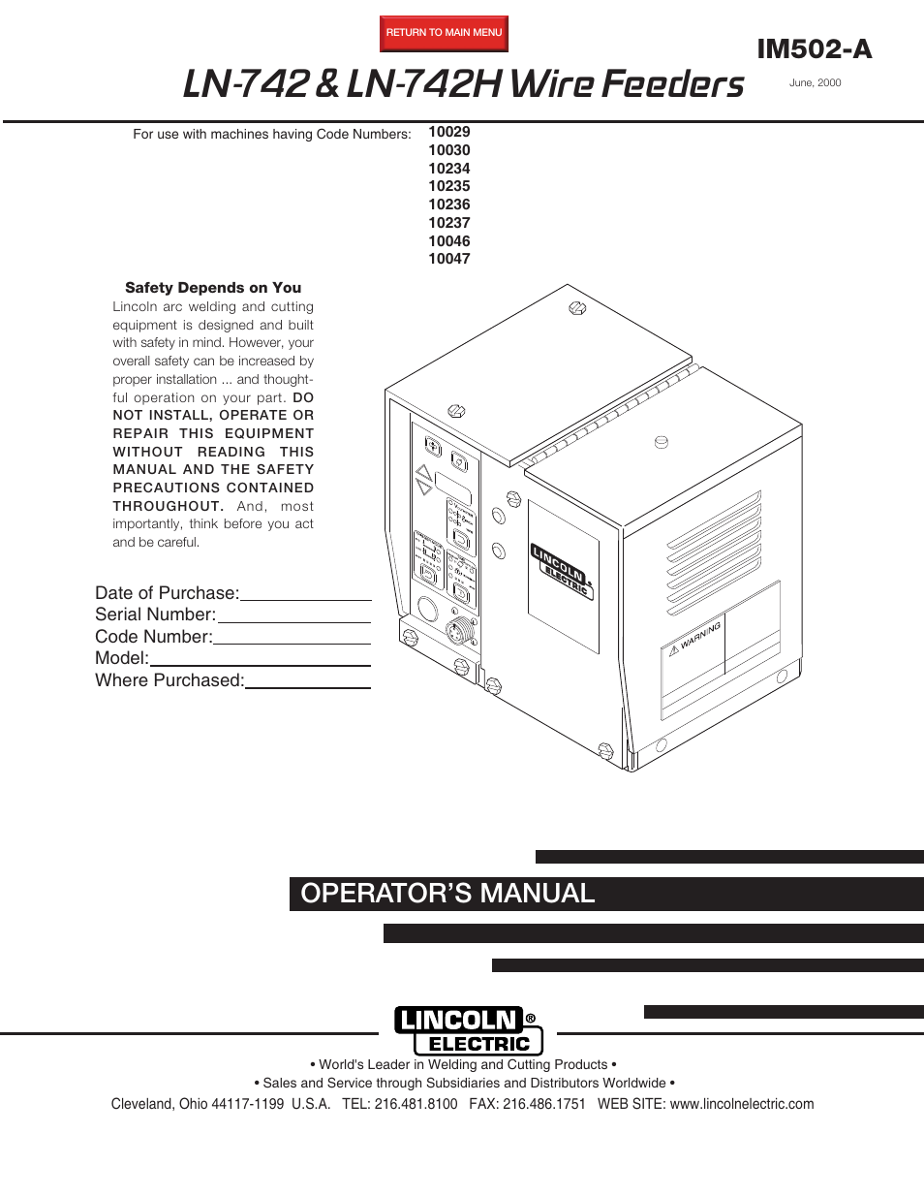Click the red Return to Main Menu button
(x=444, y=33)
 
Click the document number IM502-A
(x=814, y=49)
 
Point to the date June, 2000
(x=815, y=83)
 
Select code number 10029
(x=449, y=132)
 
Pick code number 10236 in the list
(x=449, y=205)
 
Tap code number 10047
(x=449, y=259)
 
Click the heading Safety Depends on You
(x=213, y=288)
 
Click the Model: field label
(x=122, y=658)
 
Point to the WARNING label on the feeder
(x=699, y=638)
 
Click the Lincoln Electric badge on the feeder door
(x=562, y=571)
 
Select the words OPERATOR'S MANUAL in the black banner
(x=447, y=894)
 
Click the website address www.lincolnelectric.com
(x=742, y=1104)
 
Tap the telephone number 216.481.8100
(x=416, y=1104)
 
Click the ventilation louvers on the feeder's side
(x=714, y=552)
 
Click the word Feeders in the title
(x=672, y=84)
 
